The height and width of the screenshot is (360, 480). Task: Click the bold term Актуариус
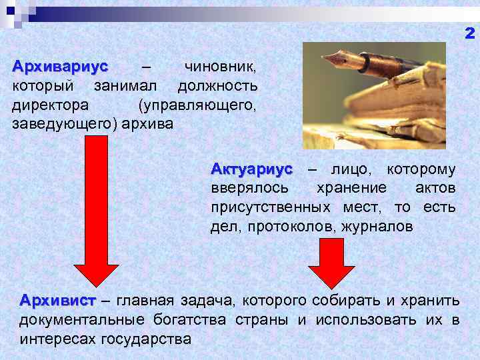(x=251, y=169)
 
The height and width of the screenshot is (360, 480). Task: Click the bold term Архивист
(x=58, y=301)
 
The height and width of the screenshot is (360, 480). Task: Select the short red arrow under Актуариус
(x=331, y=264)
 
